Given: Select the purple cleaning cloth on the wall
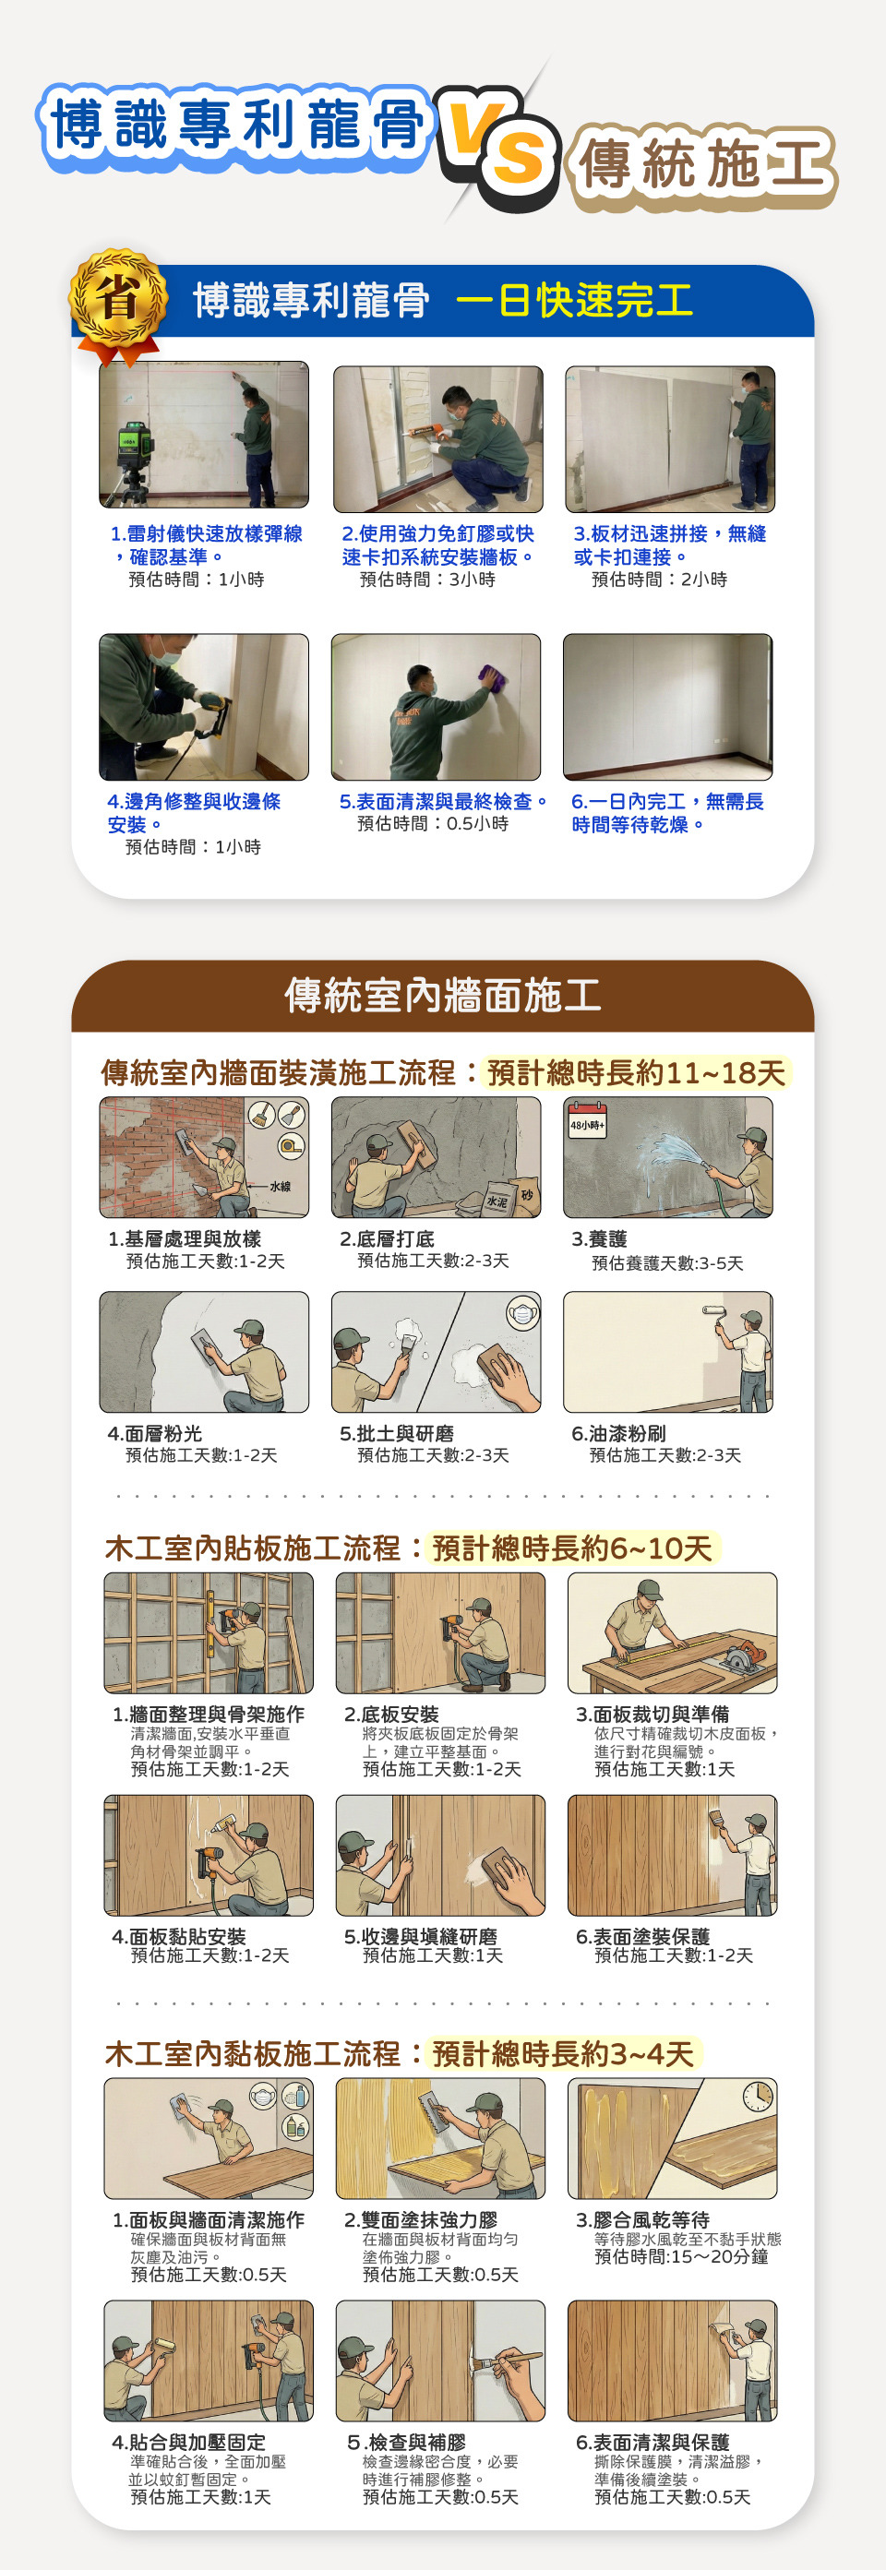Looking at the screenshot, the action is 493,677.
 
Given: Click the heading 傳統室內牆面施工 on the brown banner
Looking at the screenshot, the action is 443,995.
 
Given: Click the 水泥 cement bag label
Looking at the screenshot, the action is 496,1202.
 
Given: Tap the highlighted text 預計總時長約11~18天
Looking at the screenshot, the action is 637,1073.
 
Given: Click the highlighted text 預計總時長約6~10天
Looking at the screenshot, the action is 573,1548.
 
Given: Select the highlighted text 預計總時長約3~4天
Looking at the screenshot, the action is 564,2054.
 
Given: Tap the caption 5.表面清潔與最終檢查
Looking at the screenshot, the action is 444,801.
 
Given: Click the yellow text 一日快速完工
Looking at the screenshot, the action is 575,300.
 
